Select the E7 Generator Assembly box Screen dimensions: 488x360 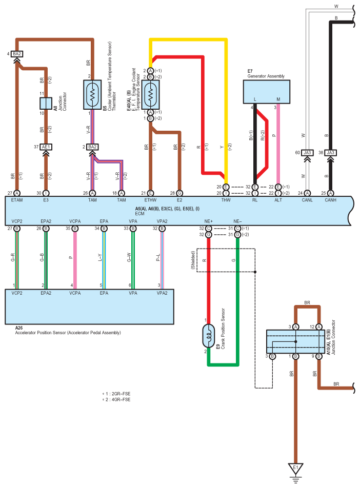(x=267, y=92)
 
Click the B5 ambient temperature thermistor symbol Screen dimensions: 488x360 (x=92, y=94)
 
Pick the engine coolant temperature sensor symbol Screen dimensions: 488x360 (x=150, y=94)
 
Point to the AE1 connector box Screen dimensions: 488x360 (x=46, y=147)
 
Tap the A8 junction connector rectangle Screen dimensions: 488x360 (x=46, y=103)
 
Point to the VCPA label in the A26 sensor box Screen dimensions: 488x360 (x=75, y=293)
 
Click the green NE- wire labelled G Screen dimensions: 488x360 (x=237, y=287)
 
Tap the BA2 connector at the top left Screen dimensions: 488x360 (x=17, y=54)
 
